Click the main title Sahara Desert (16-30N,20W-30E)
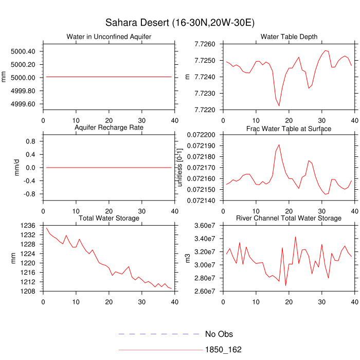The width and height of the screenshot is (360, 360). (x=179, y=23)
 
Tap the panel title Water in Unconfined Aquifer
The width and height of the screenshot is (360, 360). (x=109, y=37)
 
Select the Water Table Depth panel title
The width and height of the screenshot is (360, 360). (x=289, y=37)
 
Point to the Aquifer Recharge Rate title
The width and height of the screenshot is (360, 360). (x=109, y=128)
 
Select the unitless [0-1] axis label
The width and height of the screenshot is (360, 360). (x=179, y=167)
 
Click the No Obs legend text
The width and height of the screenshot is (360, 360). (x=219, y=334)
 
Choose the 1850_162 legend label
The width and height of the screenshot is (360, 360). (x=223, y=350)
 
